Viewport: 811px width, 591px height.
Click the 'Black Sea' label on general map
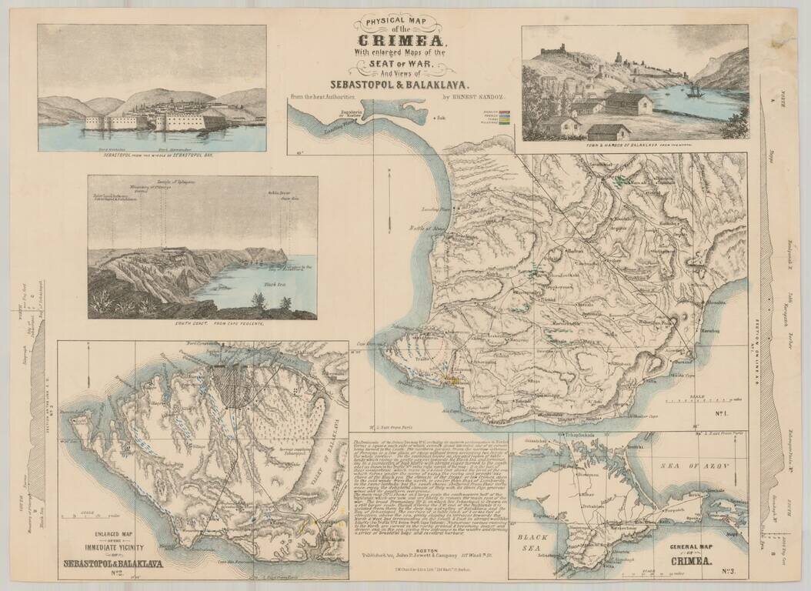[532, 544]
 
